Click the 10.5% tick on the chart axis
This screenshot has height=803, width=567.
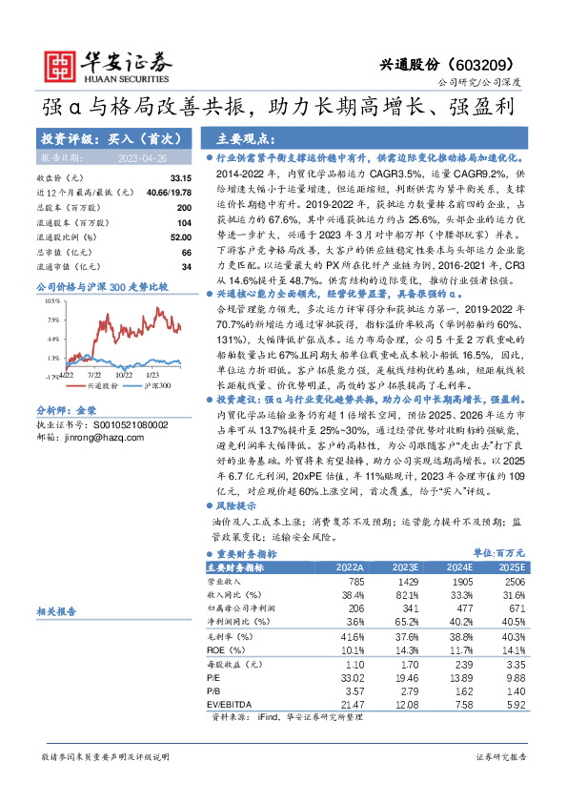click(x=52, y=300)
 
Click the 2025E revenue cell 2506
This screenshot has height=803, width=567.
click(x=515, y=581)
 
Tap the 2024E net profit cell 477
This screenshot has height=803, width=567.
click(x=462, y=607)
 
